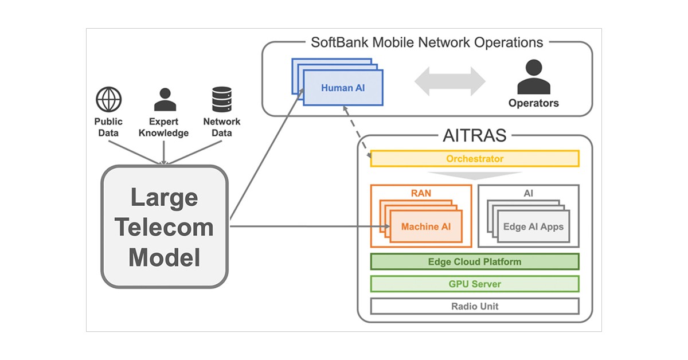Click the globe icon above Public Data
(x=108, y=100)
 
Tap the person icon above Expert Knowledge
(x=165, y=100)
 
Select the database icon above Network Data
(x=221, y=100)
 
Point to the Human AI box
(x=343, y=88)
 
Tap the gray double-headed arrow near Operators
(x=450, y=81)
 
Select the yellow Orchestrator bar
(x=475, y=158)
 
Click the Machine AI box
(x=425, y=226)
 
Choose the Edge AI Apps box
(x=533, y=226)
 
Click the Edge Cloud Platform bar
(x=475, y=262)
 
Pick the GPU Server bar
(x=475, y=284)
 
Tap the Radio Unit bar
(x=475, y=306)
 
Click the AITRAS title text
(x=474, y=136)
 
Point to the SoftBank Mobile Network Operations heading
(x=427, y=42)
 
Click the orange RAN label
(x=421, y=193)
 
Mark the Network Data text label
(x=222, y=127)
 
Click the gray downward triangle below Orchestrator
(x=475, y=175)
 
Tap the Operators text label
(x=533, y=104)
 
